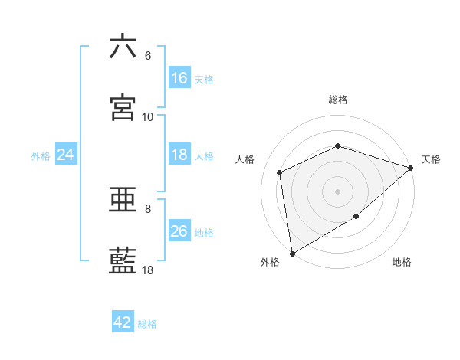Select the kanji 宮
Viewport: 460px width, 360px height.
point(123,107)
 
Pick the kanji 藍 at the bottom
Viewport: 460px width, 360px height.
point(123,260)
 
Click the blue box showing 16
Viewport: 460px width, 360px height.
point(179,78)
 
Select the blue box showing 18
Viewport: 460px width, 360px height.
point(179,155)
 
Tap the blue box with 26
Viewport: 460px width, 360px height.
point(179,231)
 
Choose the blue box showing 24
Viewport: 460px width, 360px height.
point(66,155)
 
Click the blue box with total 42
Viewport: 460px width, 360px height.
point(123,322)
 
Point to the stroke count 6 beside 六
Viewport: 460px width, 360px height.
point(148,56)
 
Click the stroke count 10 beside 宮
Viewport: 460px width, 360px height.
point(148,117)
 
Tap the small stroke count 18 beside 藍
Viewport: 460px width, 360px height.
point(148,270)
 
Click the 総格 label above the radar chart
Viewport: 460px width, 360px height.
point(337,100)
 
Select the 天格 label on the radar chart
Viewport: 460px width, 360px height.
point(431,159)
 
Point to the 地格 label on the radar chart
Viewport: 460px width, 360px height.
point(402,263)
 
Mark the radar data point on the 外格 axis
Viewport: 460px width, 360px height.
point(292,253)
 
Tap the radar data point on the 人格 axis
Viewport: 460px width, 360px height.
point(280,172)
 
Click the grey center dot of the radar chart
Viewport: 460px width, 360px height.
point(337,191)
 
